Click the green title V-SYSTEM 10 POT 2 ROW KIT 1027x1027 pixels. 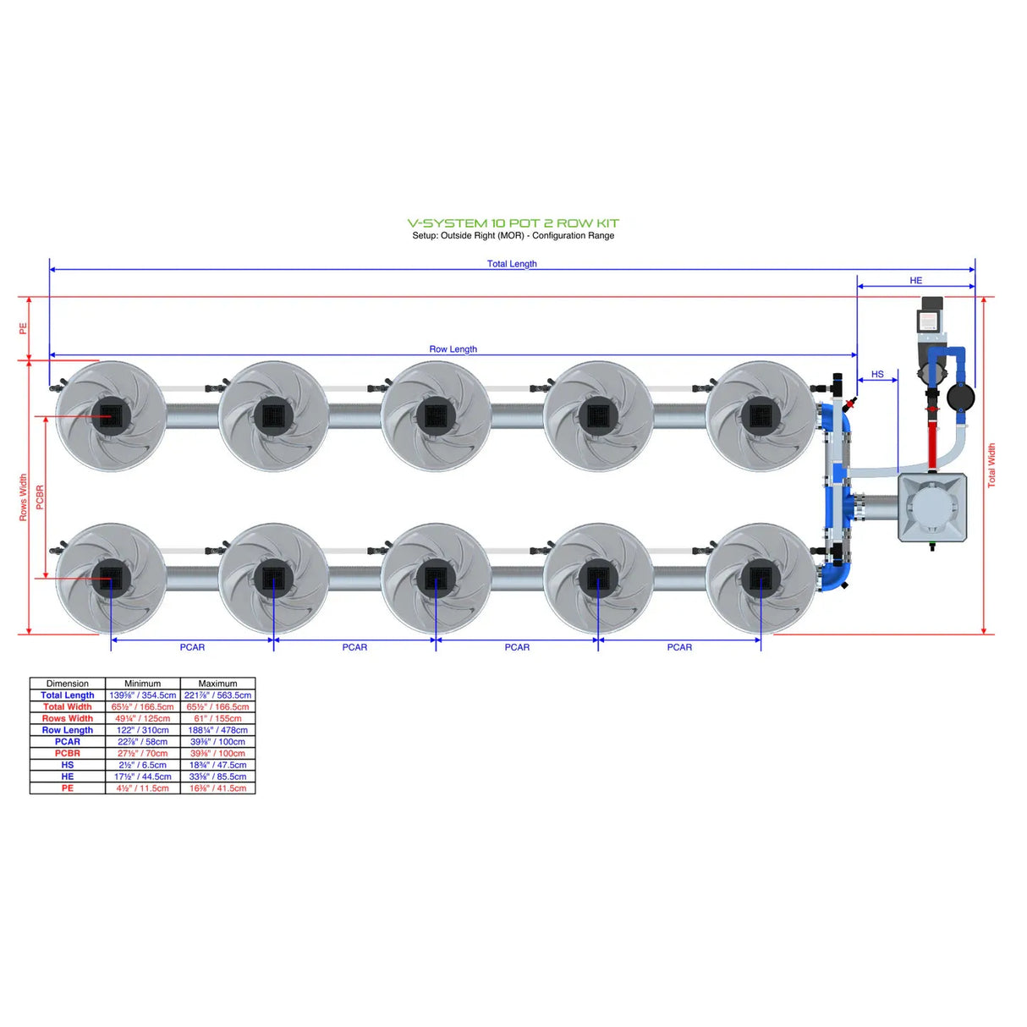coord(513,223)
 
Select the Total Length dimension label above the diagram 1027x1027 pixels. coord(512,264)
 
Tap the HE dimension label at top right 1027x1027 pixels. coord(915,281)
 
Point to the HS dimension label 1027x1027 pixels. coord(877,374)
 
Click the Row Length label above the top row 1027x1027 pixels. coord(453,349)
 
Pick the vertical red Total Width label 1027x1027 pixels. coord(991,465)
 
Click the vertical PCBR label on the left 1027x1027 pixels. coord(40,497)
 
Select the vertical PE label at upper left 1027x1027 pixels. coord(24,328)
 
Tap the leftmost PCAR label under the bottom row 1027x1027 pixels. coord(192,647)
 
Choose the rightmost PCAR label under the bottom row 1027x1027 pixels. coord(679,647)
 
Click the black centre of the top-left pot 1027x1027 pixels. coord(111,415)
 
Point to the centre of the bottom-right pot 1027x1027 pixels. coord(760,578)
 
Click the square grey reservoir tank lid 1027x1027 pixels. coord(931,507)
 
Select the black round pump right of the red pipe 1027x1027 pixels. coord(960,396)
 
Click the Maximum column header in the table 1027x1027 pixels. coord(217,684)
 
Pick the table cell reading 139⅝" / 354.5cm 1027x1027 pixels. coord(142,695)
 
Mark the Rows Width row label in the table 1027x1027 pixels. coord(68,718)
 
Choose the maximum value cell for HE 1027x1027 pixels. coord(217,777)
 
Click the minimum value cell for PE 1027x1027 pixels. coord(142,788)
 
